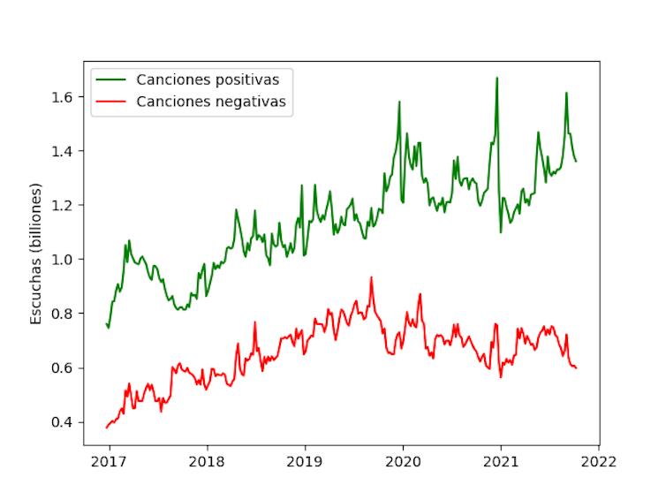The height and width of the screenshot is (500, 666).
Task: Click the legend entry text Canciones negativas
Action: click(x=212, y=102)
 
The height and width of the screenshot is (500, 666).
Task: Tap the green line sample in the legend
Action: click(x=112, y=80)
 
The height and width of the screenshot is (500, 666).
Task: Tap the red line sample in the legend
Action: click(x=112, y=102)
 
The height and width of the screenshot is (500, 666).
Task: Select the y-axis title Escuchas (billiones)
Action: click(x=36, y=254)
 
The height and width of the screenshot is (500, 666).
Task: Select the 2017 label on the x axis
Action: click(x=109, y=461)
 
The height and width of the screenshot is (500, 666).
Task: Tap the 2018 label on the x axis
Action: click(x=207, y=461)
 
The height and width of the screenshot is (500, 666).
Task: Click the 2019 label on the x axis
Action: click(x=305, y=461)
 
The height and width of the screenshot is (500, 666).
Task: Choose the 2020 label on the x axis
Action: click(x=403, y=461)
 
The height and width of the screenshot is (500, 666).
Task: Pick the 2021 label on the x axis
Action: click(x=501, y=461)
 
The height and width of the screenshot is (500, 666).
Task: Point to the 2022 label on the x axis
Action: click(x=599, y=461)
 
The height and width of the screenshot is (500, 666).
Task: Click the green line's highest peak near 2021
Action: click(x=496, y=78)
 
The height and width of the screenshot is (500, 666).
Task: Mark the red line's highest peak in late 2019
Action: click(x=371, y=277)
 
